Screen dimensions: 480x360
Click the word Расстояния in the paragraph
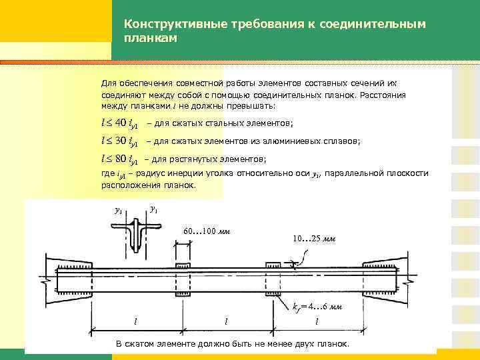[382, 95]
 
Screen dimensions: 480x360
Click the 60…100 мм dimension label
[206, 232]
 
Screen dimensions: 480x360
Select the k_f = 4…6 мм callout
[318, 307]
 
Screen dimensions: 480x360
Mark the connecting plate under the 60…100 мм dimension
[183, 279]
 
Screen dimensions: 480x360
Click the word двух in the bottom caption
[299, 344]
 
